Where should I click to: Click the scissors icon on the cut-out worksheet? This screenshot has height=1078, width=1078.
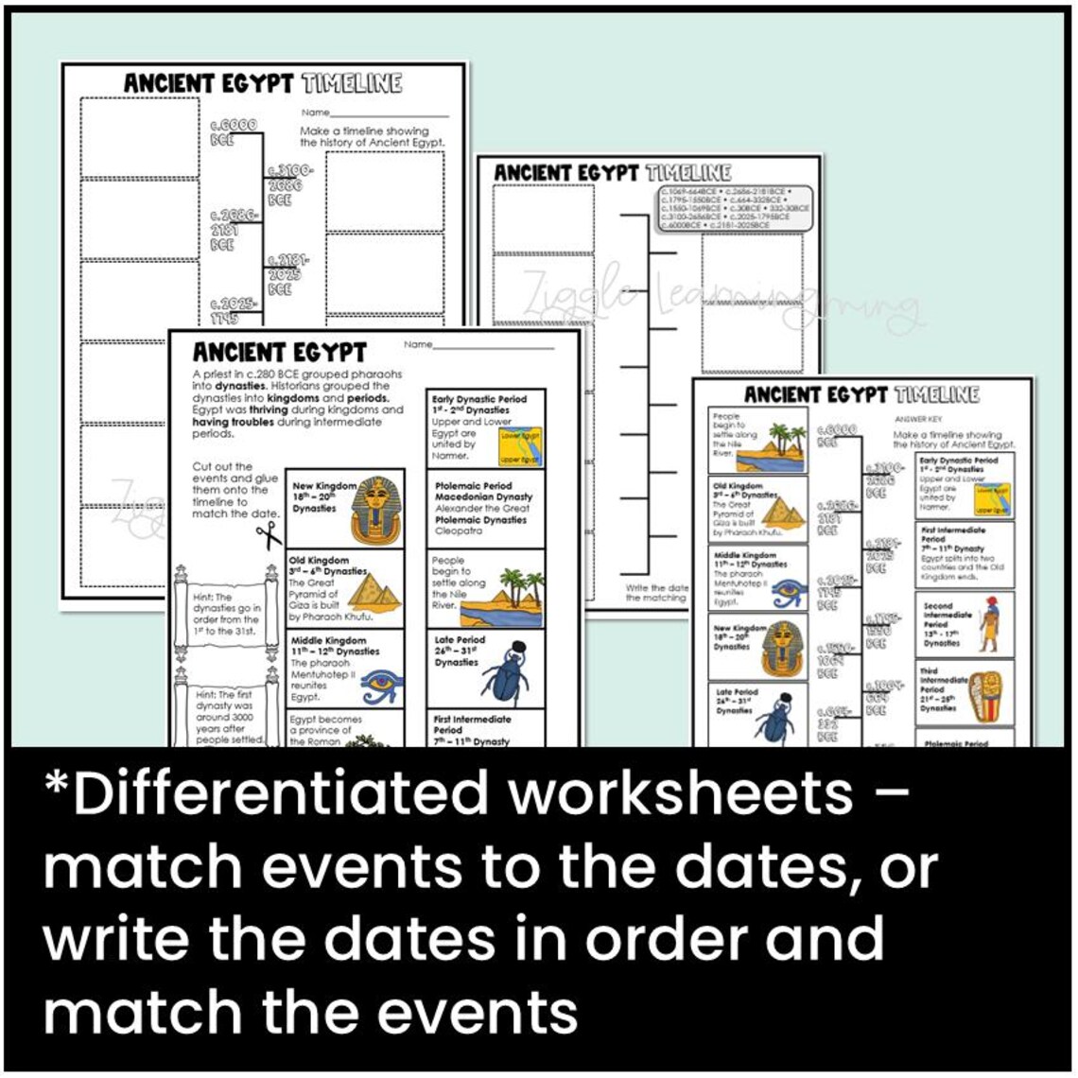(269, 534)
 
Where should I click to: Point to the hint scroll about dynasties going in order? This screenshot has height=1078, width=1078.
(223, 614)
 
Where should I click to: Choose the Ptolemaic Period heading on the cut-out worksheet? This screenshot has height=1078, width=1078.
(473, 486)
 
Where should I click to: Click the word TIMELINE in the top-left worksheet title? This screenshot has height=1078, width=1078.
(352, 83)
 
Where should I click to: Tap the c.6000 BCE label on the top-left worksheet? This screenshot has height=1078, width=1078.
(233, 131)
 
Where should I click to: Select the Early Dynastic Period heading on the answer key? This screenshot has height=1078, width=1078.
(958, 461)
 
